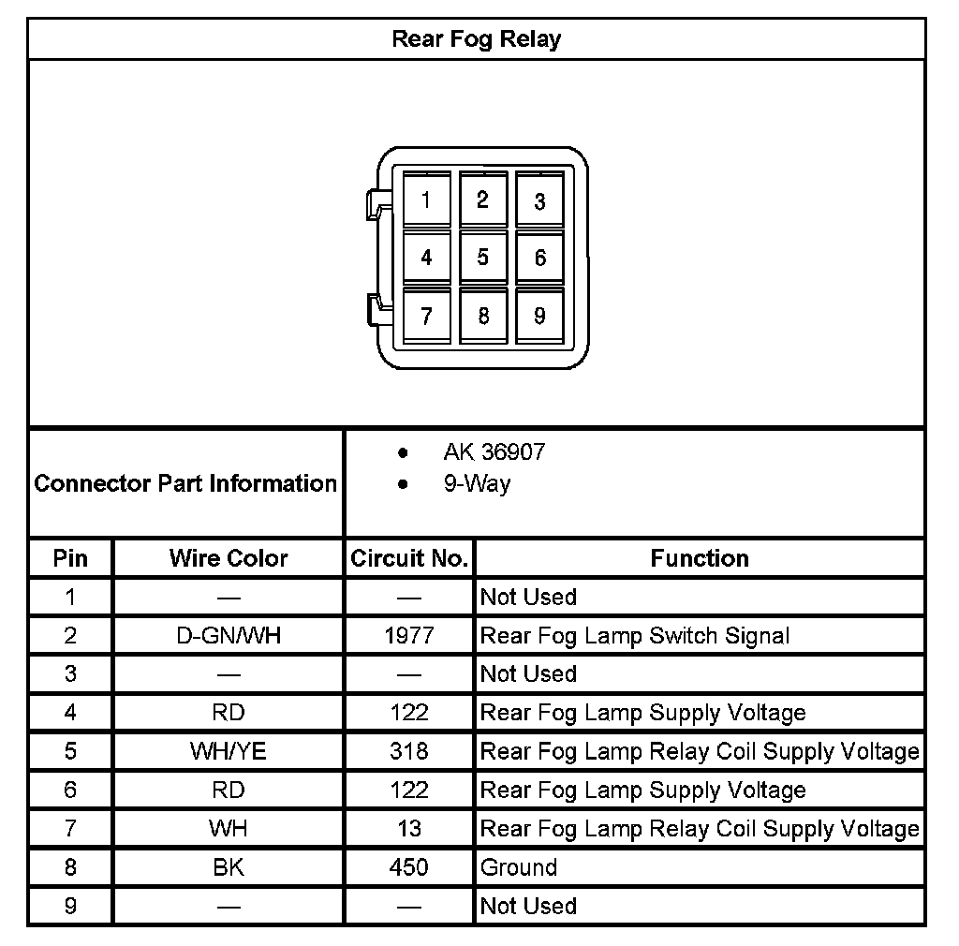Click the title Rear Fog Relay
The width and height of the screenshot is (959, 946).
(476, 39)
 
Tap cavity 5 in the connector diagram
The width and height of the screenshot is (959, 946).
(482, 257)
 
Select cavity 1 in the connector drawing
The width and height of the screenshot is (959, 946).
(426, 200)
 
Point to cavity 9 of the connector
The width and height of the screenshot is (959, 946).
(539, 316)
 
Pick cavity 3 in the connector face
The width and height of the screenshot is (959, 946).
(539, 200)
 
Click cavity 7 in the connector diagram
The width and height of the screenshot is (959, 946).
(426, 316)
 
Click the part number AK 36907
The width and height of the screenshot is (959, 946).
(494, 452)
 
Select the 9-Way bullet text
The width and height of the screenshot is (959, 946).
(477, 484)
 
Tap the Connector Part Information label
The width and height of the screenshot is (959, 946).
(185, 483)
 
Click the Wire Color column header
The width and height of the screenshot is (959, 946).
(229, 558)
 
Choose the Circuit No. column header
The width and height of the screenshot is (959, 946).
(409, 558)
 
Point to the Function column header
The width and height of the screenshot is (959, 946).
(700, 558)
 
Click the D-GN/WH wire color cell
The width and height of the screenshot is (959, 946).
(229, 636)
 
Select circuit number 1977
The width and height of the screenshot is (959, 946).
(409, 636)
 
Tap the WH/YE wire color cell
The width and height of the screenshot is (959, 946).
(229, 751)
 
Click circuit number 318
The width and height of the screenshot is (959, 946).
(409, 751)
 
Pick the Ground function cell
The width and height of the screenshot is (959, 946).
(519, 867)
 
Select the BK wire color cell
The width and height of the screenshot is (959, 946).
(229, 867)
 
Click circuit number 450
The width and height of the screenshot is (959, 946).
(409, 867)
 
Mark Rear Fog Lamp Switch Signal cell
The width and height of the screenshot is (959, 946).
(635, 636)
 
